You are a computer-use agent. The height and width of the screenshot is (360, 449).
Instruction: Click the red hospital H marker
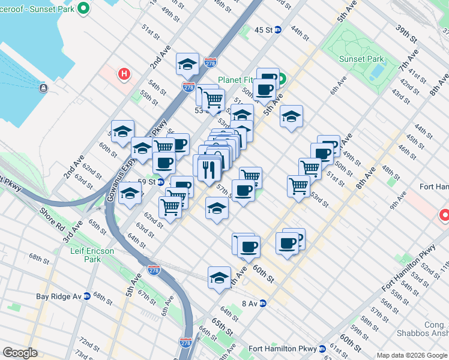(124, 74)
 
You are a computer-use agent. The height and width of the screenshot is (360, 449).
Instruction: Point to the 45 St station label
(263, 30)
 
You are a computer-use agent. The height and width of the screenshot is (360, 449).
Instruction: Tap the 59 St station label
(146, 181)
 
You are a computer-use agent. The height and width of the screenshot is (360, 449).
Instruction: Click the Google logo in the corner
(20, 353)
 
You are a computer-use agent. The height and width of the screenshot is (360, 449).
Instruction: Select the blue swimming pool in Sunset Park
(377, 72)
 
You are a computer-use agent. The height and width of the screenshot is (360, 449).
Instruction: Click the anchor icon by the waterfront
(43, 88)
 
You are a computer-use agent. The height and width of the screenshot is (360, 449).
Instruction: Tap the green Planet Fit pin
(280, 79)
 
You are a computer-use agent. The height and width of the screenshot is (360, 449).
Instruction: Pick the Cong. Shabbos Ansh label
(423, 329)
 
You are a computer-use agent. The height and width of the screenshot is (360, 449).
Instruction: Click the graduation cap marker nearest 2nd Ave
(187, 64)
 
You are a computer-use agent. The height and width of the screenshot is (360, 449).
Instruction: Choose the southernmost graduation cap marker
(220, 278)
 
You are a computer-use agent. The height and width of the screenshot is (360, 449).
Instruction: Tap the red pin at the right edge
(445, 215)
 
